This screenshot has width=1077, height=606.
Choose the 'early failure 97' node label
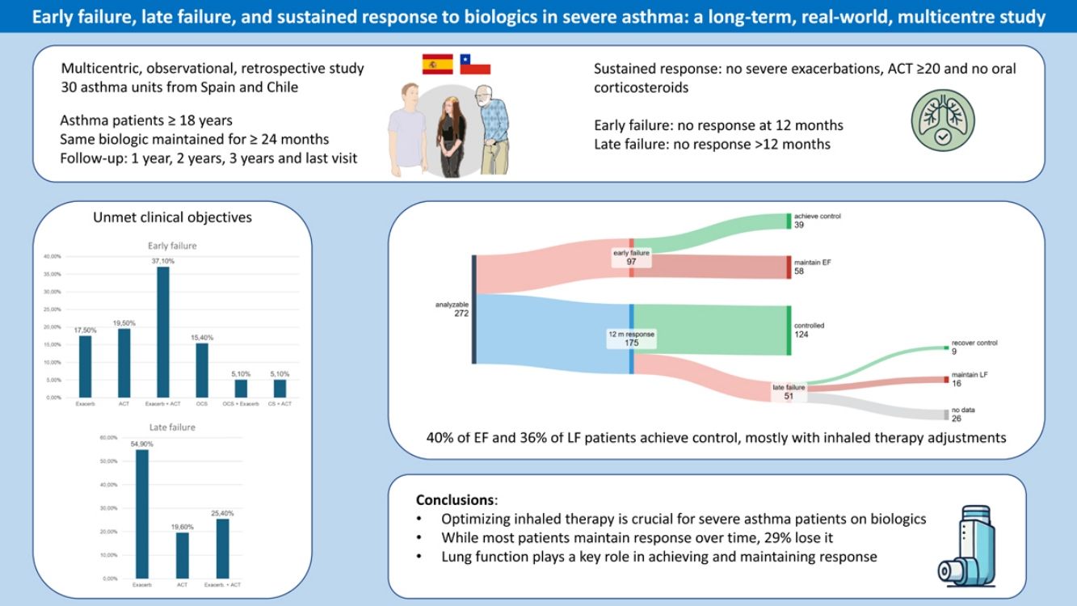631,258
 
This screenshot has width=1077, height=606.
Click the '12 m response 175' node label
631,338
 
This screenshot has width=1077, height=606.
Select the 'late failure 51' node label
789,392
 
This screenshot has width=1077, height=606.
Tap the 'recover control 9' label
974,347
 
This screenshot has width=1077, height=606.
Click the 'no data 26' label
963,414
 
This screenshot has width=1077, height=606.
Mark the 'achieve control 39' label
816,221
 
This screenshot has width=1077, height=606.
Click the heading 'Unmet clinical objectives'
172,217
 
